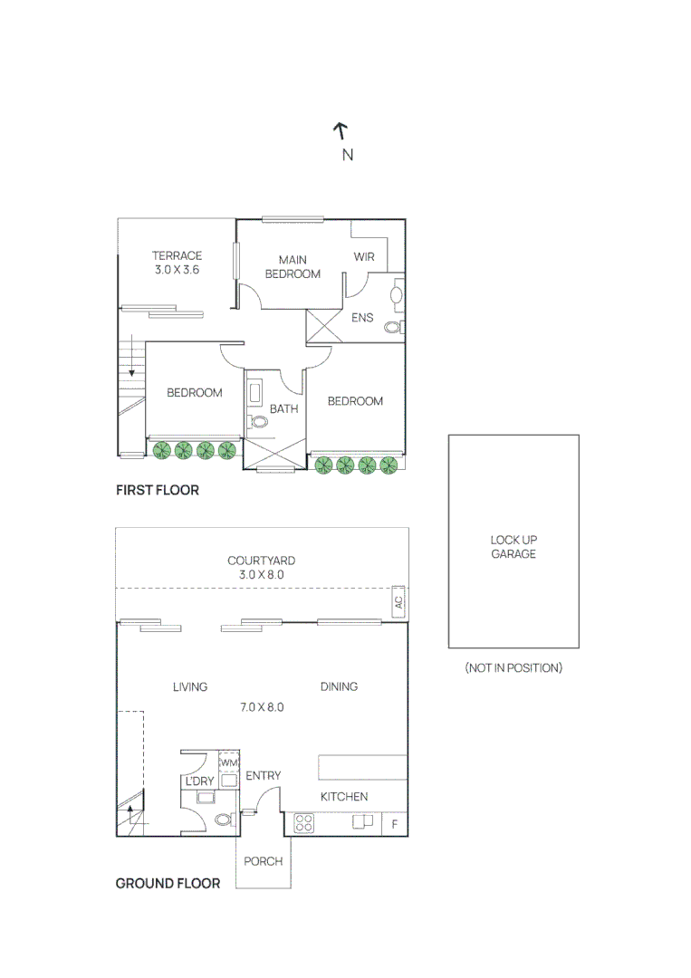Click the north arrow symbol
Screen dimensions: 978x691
tap(341, 130)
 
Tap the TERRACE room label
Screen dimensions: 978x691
tap(177, 255)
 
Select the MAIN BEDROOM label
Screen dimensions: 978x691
tap(293, 267)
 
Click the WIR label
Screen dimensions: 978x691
tap(364, 257)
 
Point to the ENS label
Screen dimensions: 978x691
tap(362, 318)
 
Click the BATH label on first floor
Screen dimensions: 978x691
tap(283, 409)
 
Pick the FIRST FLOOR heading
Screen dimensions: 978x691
tap(158, 490)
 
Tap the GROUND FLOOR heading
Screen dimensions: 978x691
tap(168, 883)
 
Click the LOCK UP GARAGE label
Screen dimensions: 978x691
tap(513, 547)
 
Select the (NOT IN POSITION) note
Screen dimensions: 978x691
tap(513, 667)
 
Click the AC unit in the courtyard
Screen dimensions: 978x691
tap(398, 601)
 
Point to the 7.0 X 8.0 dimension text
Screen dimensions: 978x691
tap(262, 706)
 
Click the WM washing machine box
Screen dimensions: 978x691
tap(229, 763)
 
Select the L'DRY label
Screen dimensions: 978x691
tap(199, 781)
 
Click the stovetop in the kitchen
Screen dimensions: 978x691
tap(304, 823)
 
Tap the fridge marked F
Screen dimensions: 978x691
tap(394, 824)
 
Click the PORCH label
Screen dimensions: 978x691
tap(263, 861)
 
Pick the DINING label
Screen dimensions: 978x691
tap(339, 686)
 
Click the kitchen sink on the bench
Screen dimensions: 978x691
tap(362, 822)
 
